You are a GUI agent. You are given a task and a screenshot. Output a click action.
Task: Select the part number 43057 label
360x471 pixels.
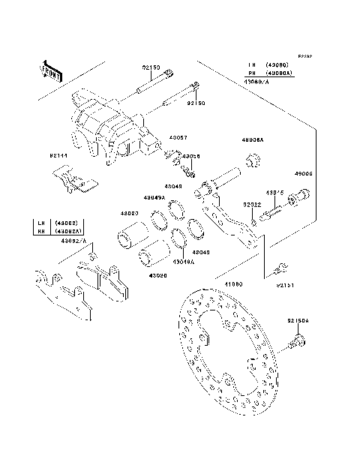[x=178, y=137]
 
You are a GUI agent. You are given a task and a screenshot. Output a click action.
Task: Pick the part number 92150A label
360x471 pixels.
[x=297, y=320]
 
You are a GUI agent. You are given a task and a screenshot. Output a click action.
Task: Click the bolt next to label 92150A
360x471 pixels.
[x=297, y=343]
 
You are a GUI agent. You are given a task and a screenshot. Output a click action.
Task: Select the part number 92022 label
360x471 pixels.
[x=251, y=203]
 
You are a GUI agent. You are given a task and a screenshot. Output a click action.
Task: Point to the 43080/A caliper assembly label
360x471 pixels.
[x=256, y=81]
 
